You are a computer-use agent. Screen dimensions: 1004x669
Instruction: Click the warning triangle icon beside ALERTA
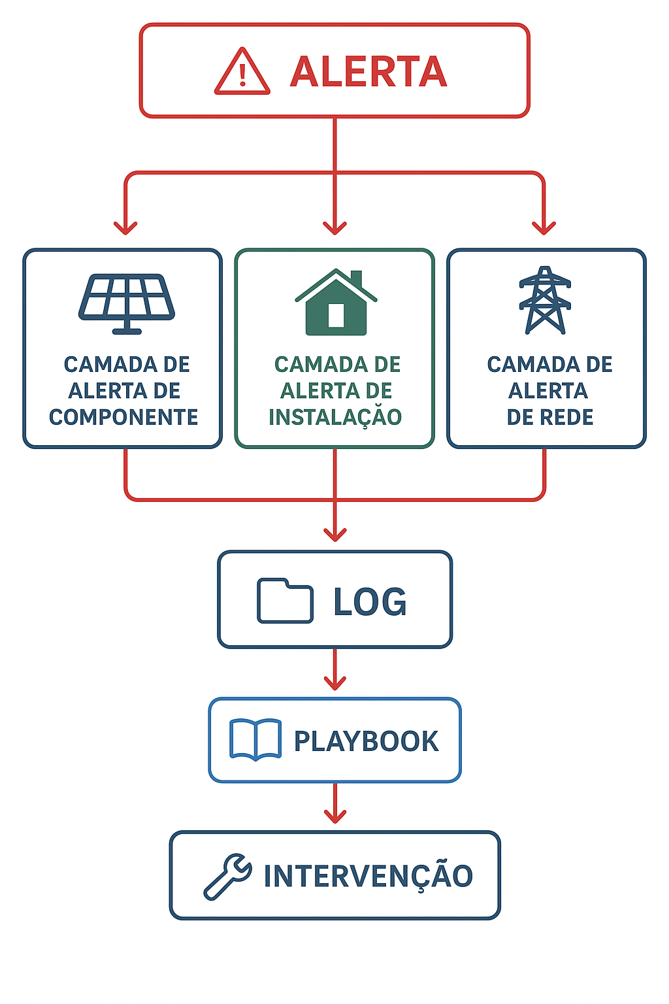tap(242, 73)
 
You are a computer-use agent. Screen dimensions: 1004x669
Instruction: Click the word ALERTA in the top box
tap(368, 71)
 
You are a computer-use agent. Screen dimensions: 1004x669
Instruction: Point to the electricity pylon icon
tap(545, 301)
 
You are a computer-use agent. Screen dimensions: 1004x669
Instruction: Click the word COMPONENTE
tap(123, 417)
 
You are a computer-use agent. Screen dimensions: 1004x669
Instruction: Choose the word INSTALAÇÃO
tap(335, 417)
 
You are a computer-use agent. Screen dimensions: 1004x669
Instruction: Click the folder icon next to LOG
tap(285, 600)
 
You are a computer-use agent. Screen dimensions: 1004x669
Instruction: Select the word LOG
tap(370, 601)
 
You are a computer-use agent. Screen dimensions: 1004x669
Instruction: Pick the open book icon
tap(255, 740)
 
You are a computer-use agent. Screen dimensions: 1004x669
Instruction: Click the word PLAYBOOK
tap(366, 741)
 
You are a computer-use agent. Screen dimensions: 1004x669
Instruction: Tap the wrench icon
tap(227, 877)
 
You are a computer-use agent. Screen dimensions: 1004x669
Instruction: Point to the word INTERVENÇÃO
tap(368, 877)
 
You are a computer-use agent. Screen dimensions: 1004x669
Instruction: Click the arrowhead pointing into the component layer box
tap(125, 227)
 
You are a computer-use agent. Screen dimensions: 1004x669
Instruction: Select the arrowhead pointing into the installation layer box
tap(335, 227)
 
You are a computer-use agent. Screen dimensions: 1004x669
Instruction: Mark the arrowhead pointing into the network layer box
tap(544, 227)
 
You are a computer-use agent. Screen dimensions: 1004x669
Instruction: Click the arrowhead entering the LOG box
tap(335, 533)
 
